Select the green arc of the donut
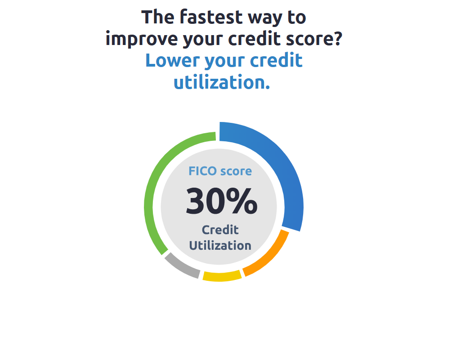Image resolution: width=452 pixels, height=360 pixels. (153, 184)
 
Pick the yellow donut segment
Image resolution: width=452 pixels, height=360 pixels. (222, 276)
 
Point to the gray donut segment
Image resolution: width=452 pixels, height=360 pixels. (182, 266)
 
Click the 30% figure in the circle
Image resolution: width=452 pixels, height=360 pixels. (221, 201)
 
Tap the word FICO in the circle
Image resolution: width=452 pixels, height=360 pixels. (202, 171)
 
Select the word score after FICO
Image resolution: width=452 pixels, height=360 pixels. (236, 171)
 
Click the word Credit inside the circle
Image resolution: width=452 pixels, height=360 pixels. (220, 230)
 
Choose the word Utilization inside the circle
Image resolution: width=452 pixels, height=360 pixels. (220, 246)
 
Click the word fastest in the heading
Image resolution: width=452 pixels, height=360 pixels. (211, 17)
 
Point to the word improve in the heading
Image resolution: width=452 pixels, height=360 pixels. (142, 40)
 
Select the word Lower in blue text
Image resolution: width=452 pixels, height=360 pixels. (172, 60)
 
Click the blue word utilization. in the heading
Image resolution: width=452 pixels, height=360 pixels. (222, 82)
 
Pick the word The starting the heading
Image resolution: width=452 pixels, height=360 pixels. (158, 17)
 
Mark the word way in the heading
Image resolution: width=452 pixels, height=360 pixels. (265, 18)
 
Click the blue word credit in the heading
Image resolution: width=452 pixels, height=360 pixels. (276, 60)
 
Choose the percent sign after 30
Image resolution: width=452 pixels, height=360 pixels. (242, 201)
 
